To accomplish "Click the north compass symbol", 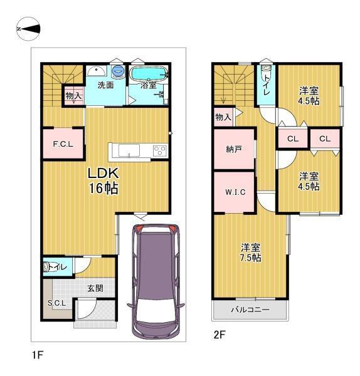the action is point(28,29).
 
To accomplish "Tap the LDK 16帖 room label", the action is point(103,180).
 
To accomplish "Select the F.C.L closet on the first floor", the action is point(63,144).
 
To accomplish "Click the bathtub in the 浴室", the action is point(148,73).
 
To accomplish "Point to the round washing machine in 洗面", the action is point(118,71).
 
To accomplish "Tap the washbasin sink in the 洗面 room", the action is point(96,71).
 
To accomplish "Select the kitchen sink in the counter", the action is point(129,150).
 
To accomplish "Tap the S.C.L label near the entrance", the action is point(56,303).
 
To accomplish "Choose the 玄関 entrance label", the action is point(95,288).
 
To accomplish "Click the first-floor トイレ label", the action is point(57,267).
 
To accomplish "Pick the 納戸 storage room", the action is point(234,149).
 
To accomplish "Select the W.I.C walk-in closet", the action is point(234,192).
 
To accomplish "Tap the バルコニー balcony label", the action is point(250,310).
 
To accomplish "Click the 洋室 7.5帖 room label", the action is point(251,253).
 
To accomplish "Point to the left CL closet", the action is point(293,138).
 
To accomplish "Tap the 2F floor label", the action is point(220,335).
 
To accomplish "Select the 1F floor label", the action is point(37,355).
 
